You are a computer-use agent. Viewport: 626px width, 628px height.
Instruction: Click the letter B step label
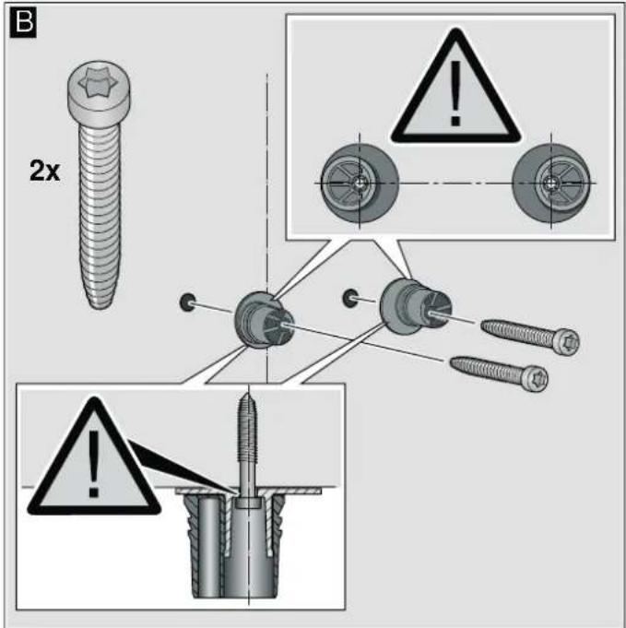23,22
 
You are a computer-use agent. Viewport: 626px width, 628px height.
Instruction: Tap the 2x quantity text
45,171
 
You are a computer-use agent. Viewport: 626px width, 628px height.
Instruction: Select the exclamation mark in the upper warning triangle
455,93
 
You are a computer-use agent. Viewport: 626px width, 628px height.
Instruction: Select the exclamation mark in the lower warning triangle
94,463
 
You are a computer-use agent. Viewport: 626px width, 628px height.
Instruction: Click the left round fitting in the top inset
360,184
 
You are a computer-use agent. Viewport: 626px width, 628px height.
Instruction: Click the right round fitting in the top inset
551,184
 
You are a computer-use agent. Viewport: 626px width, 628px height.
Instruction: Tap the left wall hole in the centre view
188,302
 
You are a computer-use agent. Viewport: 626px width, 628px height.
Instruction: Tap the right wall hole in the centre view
350,298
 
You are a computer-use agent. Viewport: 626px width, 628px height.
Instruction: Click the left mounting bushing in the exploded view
264,320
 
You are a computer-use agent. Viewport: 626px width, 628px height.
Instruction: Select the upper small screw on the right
529,336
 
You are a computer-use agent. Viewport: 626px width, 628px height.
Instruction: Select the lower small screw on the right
499,373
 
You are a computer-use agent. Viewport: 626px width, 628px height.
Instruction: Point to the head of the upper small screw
567,341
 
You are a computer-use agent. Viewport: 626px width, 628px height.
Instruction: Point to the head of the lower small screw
536,379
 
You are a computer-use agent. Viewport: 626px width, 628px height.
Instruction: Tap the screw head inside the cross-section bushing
248,503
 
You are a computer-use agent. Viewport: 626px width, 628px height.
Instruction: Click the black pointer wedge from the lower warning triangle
180,467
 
